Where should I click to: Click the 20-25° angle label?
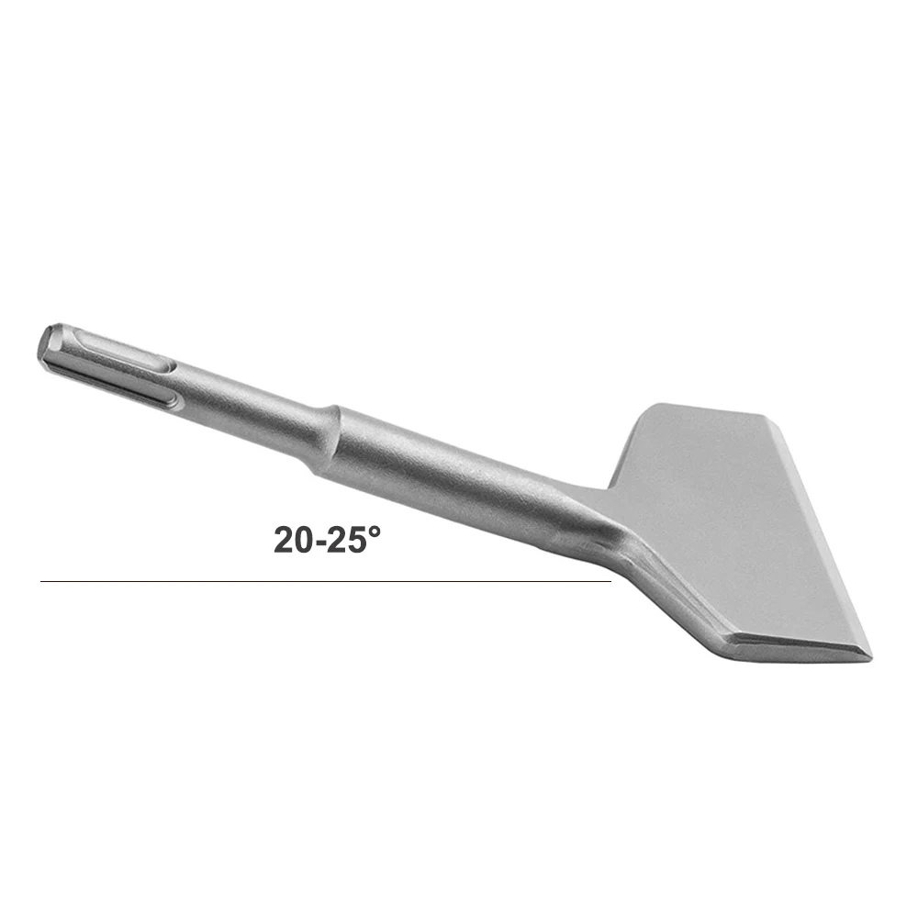pos(327,539)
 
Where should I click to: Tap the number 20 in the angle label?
pos(294,540)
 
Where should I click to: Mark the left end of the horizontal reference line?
pos(40,581)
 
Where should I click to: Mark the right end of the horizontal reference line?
pos(611,581)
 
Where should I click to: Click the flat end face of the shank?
pos(48,348)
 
